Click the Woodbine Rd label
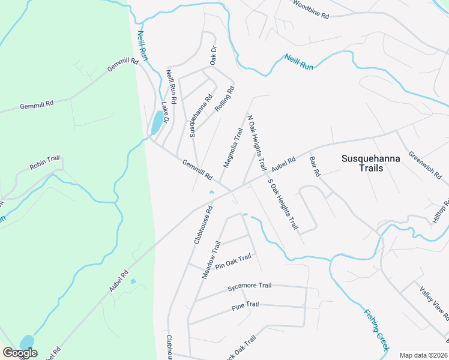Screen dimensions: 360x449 tap(311, 10)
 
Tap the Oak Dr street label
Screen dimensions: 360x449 tap(212, 56)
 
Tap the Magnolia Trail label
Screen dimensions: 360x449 tap(233, 148)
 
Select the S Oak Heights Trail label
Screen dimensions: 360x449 tap(283, 205)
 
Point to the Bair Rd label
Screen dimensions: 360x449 tap(315, 166)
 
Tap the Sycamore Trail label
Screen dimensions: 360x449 tap(250, 287)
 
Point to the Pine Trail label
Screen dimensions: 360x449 tap(245, 306)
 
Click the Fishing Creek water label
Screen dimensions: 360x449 tap(376, 330)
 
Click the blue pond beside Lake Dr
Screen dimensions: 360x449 tap(156, 124)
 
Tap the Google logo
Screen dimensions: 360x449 tap(20, 353)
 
